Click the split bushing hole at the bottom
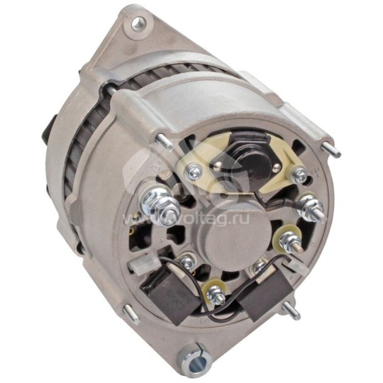pos(190,353)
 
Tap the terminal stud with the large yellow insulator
pos(291,239)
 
